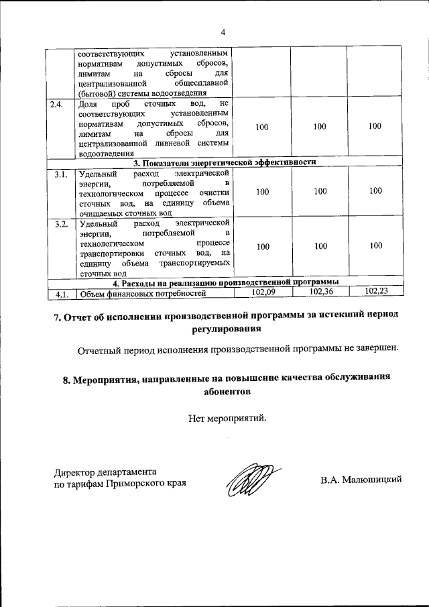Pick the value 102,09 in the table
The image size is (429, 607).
click(263, 292)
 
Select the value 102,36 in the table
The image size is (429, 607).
click(320, 292)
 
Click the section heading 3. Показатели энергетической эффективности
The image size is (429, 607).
click(224, 162)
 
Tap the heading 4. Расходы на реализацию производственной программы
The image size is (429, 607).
click(224, 282)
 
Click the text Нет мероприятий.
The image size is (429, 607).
click(227, 419)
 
